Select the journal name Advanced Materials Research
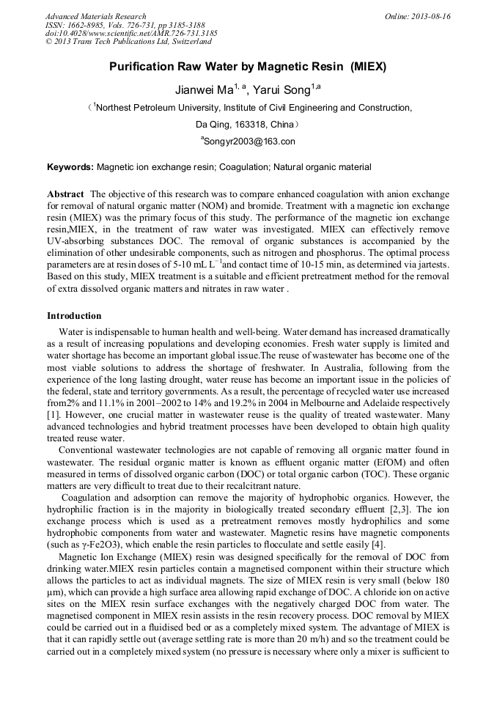pos(96,16)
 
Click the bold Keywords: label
pos(70,167)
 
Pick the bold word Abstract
pos(65,194)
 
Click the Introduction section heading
pos(74,316)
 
